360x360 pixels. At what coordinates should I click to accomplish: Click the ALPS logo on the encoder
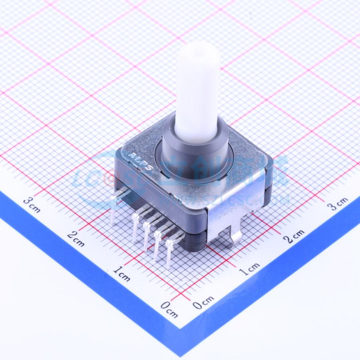(141, 160)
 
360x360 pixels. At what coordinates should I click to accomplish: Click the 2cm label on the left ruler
(75, 239)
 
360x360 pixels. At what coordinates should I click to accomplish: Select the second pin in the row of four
(148, 232)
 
